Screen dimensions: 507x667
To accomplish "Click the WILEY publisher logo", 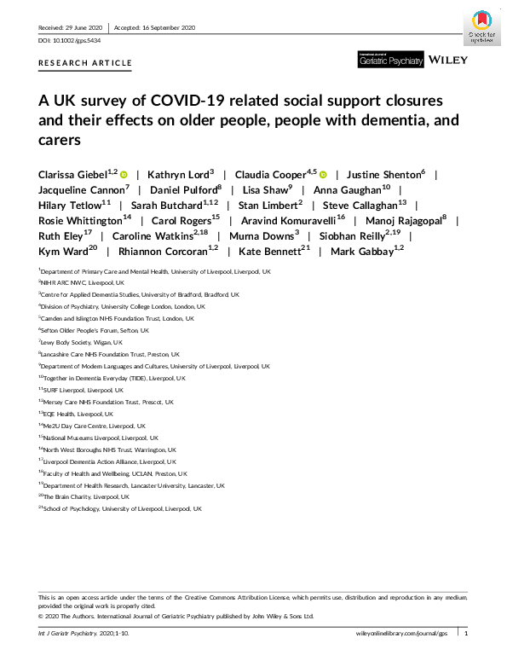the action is coord(447,60).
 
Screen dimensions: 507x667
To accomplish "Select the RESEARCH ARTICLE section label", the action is coord(85,63).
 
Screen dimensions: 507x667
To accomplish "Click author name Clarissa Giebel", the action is coord(76,175).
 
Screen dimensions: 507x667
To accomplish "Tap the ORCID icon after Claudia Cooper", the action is coord(322,175).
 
